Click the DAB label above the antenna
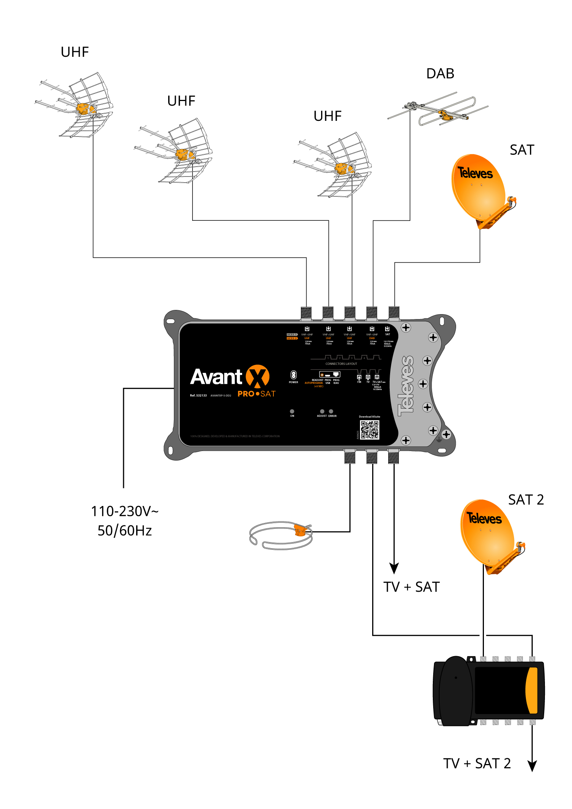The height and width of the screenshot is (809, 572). (440, 74)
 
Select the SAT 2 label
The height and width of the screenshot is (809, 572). (526, 499)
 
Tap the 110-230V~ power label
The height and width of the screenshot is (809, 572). (124, 511)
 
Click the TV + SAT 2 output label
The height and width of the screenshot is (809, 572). (477, 763)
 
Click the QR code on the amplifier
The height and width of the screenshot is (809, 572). (370, 430)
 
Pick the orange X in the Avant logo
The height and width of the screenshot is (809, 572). (257, 376)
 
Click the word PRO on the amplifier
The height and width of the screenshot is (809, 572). (246, 394)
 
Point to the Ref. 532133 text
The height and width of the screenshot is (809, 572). (198, 395)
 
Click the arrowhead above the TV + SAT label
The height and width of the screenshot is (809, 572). (394, 568)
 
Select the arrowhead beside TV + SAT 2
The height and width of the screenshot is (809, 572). (532, 765)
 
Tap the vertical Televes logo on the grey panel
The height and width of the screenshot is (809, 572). (407, 385)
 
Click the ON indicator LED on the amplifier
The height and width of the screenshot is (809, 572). (292, 411)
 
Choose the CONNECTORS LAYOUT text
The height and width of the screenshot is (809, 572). (341, 364)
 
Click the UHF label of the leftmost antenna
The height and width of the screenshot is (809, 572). (75, 52)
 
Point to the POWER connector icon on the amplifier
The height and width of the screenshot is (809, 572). (293, 375)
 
